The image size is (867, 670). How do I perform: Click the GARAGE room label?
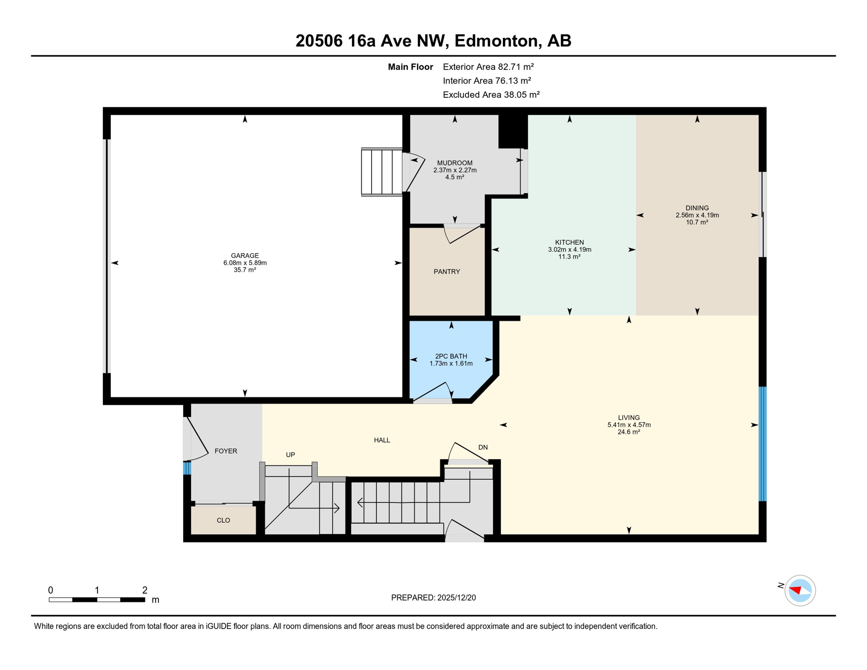245,256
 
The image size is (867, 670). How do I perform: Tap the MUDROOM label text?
454,163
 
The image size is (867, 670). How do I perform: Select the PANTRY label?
447,271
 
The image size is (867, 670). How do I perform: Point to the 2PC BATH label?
451,356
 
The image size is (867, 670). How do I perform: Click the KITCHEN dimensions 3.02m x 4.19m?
569,250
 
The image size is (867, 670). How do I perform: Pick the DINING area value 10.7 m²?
696,222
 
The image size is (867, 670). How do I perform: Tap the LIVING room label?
628,417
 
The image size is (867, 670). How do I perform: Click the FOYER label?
225,451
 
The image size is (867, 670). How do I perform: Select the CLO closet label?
223,520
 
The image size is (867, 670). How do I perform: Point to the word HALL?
382,440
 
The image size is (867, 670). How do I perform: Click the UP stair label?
290,455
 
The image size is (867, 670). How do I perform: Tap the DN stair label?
483,447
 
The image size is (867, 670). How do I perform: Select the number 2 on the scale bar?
145,590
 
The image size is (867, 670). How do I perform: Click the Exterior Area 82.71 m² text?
488,67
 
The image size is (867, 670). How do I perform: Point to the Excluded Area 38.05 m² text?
491,95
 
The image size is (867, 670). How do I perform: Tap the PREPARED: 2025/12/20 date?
433,598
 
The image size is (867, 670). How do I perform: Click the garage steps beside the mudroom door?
382,172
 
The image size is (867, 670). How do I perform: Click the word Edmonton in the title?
496,41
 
